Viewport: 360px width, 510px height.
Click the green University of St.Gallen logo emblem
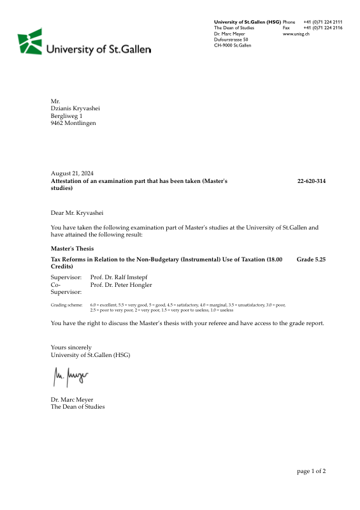30,41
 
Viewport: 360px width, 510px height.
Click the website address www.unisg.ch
296,34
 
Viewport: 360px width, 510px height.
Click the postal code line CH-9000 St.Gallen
233,45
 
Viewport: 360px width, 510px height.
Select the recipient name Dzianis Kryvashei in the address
75,108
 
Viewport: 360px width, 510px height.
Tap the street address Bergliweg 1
67,115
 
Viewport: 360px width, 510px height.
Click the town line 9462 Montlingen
73,123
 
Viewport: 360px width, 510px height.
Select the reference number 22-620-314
312,181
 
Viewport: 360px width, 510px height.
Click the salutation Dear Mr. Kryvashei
76,212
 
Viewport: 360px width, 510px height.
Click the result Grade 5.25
312,259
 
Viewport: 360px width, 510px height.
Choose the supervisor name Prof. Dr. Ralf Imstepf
121,277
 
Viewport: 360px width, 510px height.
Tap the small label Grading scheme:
66,305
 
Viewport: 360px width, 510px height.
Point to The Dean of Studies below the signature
78,407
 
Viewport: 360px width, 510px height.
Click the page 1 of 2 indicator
312,471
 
